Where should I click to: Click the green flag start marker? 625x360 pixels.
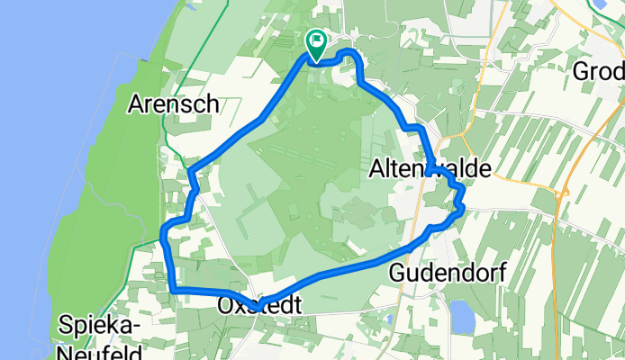(317, 41)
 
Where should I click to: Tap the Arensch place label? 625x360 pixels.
(174, 103)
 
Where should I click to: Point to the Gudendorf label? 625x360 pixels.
(448, 271)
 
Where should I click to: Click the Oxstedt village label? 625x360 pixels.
(258, 306)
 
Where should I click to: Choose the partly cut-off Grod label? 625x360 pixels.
(600, 71)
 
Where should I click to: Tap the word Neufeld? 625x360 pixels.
(100, 350)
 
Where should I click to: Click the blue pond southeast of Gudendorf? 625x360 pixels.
(461, 315)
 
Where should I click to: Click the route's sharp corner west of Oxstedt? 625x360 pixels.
(172, 288)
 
